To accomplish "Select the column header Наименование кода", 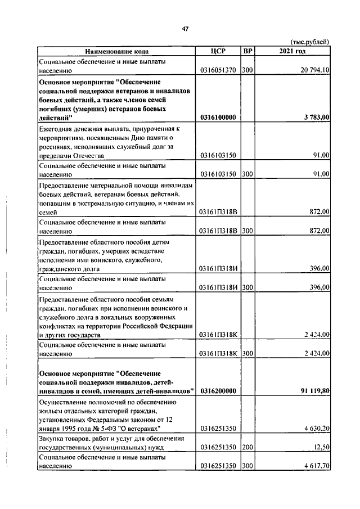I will [116, 52].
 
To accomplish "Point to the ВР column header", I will [247, 52].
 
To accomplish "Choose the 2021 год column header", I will [292, 52].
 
